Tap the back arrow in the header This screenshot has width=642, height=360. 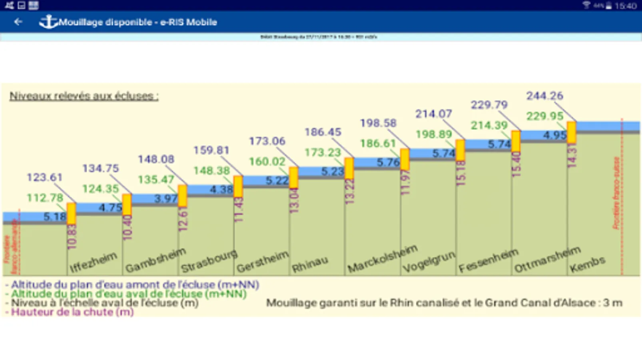(x=18, y=22)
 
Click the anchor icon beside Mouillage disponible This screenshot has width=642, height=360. (x=48, y=22)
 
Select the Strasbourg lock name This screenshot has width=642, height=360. (x=209, y=261)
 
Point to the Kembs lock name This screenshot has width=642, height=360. (x=587, y=264)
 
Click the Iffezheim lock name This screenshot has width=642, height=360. (x=93, y=262)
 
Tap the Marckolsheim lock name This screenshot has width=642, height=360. (x=382, y=258)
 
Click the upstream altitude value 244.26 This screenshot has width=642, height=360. (x=544, y=96)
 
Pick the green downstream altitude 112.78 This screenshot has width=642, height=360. (x=45, y=198)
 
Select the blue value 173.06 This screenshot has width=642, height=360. (x=267, y=141)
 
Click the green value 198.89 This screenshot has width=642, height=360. (x=434, y=134)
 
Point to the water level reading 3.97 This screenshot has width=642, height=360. (x=166, y=198)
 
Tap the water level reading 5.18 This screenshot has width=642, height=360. (x=55, y=217)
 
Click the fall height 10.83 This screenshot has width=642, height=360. (x=72, y=237)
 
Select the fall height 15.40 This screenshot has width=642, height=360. (x=516, y=164)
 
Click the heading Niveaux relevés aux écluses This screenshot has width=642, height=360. (x=84, y=96)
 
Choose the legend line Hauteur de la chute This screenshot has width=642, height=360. (x=72, y=312)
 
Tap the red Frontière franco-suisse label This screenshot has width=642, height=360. (x=616, y=193)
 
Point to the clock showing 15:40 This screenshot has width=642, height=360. (x=626, y=6)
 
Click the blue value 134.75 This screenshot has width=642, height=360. (x=100, y=168)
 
